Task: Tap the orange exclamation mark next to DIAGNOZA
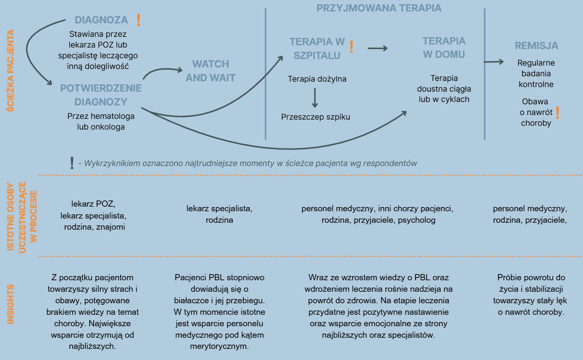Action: point(138,20)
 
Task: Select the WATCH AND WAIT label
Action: point(210,71)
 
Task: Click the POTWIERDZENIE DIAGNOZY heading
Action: point(101,95)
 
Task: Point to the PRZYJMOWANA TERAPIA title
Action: point(379,8)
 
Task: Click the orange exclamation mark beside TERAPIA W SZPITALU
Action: point(351,47)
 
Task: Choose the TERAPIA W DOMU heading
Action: point(444,48)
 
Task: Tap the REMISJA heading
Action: point(536,46)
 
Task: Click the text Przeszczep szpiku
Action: point(316,117)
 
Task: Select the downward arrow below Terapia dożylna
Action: point(315,98)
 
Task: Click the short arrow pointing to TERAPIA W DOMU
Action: point(377,48)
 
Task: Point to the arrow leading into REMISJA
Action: point(494,61)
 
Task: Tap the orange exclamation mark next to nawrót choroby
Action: point(557,112)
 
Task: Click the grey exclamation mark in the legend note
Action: point(72,163)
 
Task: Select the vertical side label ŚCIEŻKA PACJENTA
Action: point(10,71)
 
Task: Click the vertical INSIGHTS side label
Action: point(10,304)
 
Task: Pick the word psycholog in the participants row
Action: point(417,220)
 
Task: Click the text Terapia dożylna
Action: point(317,79)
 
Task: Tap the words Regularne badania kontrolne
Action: point(536,74)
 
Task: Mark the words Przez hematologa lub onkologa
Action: point(101,122)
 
